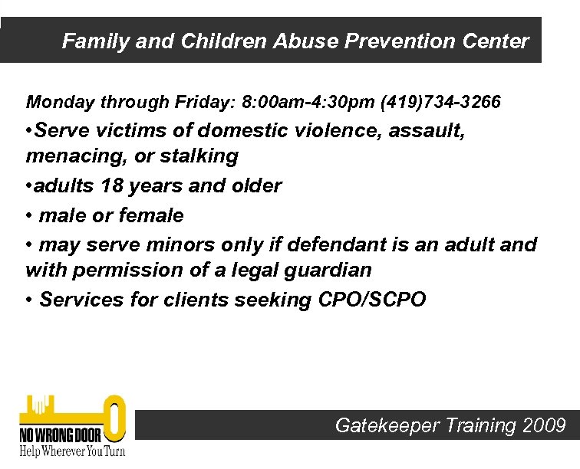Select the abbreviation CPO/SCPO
pyautogui.click(x=371, y=300)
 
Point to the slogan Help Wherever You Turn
pyautogui.click(x=71, y=451)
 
